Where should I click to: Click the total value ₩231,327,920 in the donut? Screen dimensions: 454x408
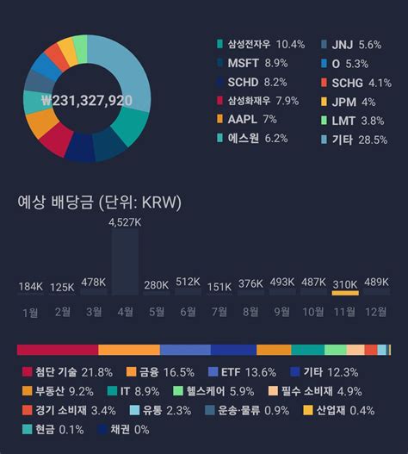[86, 100]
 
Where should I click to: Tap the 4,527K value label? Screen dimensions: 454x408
[125, 222]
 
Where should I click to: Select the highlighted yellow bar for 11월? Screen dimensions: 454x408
[345, 294]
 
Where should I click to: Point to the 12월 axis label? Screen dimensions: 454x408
[376, 312]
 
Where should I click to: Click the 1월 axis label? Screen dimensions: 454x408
[30, 312]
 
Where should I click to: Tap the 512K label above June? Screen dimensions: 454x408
[188, 283]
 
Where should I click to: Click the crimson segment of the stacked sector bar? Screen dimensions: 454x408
[57, 350]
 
